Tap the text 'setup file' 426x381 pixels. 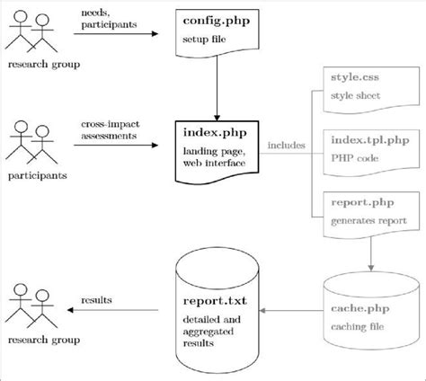(x=209, y=39)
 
